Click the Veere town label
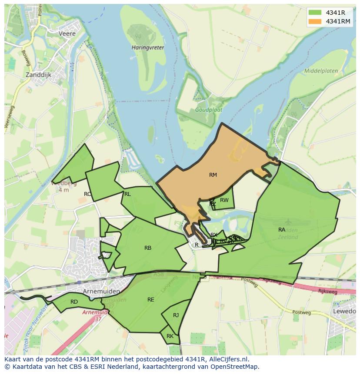(x=67, y=33)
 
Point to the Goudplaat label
(x=206, y=110)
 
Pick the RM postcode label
(x=213, y=175)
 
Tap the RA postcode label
(x=282, y=229)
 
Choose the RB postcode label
(x=148, y=248)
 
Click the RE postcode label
(x=151, y=300)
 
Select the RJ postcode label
(x=176, y=315)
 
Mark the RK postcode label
(x=170, y=336)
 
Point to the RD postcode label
(x=74, y=302)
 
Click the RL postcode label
(x=127, y=194)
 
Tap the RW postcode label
(x=224, y=200)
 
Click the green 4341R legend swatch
(x=315, y=13)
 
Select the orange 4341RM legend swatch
(x=315, y=21)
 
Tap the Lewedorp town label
(x=345, y=311)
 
